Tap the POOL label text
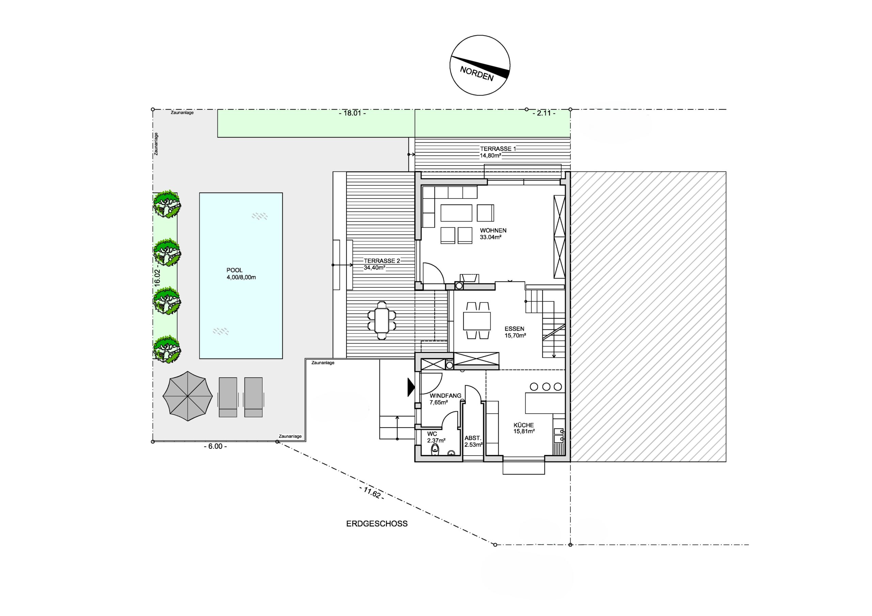(234, 270)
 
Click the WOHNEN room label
(493, 231)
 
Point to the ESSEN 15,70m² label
(515, 332)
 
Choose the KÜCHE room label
(524, 425)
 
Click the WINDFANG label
(446, 395)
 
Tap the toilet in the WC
(435, 450)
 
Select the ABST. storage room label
(473, 438)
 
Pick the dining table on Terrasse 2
(382, 320)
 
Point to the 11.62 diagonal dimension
(371, 493)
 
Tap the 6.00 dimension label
(215, 447)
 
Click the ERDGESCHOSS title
(377, 524)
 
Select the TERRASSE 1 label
(498, 149)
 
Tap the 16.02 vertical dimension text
(157, 277)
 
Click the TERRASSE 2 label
(382, 261)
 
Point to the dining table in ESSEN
(477, 321)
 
